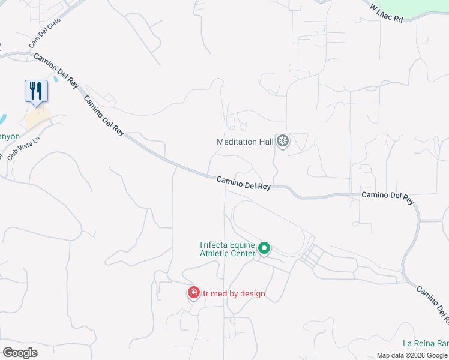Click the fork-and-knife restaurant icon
(36, 91)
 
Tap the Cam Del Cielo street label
(45, 37)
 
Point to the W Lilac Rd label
(386, 13)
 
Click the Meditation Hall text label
(245, 142)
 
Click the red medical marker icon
(193, 293)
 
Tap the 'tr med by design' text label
(234, 294)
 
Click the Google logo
(20, 352)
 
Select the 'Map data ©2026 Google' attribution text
(412, 355)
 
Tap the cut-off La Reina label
(426, 343)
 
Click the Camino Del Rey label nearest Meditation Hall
(243, 182)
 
